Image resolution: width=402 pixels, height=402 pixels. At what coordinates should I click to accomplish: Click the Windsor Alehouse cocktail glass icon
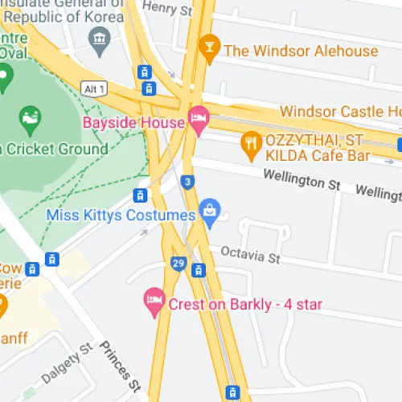pos(210,48)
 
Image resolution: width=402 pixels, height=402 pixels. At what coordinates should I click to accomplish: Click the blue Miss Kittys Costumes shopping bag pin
pos(210,212)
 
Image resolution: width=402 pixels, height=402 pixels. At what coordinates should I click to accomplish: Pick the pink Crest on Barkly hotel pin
pos(154,301)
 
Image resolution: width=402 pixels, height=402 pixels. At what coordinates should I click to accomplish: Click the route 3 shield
pos(187,182)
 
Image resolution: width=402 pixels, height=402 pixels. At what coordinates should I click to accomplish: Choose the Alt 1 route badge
pos(93,87)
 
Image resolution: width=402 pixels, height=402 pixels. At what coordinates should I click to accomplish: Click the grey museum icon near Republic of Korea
pos(100,38)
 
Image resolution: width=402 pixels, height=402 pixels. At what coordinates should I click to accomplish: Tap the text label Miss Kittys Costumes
pos(121,215)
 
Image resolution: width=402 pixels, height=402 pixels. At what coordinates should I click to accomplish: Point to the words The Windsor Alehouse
pos(301,51)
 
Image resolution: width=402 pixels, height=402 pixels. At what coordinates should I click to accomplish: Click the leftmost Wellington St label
pos(301,183)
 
